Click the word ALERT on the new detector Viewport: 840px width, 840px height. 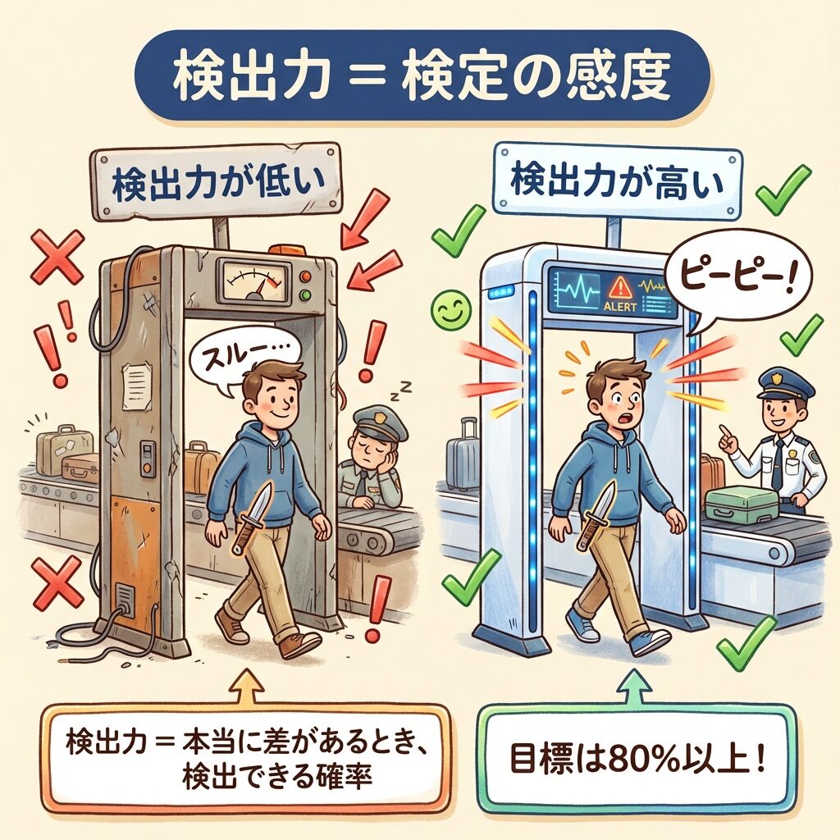(x=620, y=307)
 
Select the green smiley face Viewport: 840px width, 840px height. (x=452, y=309)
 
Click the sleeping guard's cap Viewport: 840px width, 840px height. (x=376, y=421)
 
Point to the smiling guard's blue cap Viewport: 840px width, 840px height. (x=785, y=382)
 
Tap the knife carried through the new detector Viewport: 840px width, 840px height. (x=597, y=515)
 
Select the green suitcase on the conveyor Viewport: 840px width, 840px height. (x=741, y=504)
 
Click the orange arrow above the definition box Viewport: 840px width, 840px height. (x=248, y=687)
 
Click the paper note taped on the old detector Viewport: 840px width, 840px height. (x=137, y=385)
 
